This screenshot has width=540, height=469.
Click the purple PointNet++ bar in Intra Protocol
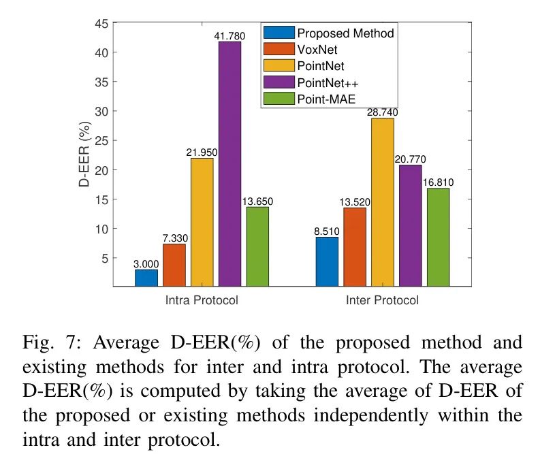pos(229,163)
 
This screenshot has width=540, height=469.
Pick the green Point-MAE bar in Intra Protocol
pos(257,246)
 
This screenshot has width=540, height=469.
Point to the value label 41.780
pos(229,36)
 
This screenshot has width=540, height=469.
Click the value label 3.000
pos(146,263)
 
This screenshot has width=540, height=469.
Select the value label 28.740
pos(382,112)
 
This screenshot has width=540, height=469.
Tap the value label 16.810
pos(437,182)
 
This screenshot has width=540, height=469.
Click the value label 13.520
pos(354,201)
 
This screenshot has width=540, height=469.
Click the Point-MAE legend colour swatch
pos(278,99)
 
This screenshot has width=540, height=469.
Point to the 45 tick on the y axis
pos(101,23)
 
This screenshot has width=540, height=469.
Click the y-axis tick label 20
pos(101,169)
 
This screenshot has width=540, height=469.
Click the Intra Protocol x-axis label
pos(202,300)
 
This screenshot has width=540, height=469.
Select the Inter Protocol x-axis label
pos(382,300)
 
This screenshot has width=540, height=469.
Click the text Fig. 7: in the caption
pos(44,342)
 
